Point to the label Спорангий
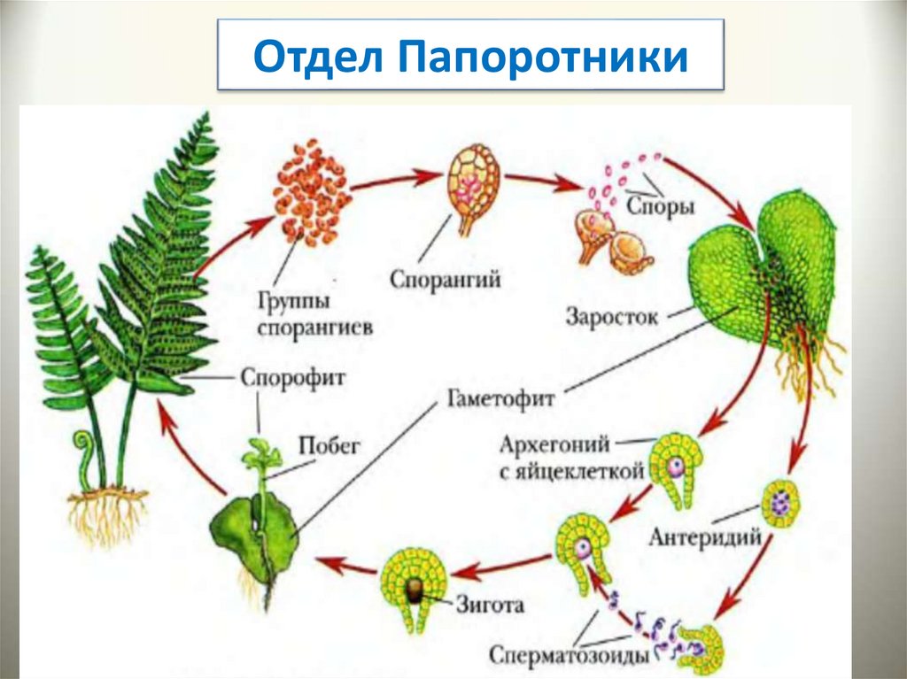coord(446,279)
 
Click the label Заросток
coord(612,316)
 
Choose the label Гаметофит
coord(495,399)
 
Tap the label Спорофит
coord(293,377)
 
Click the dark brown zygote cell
coord(414,592)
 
